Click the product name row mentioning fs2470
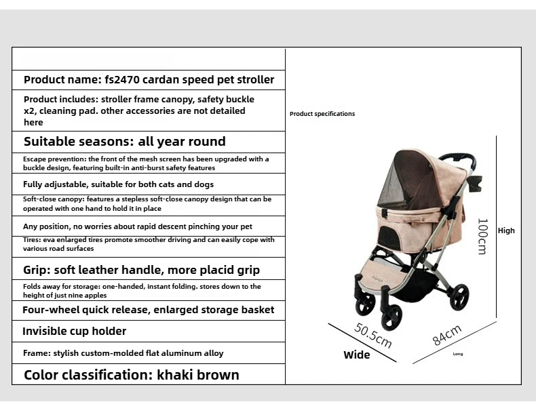pos(149,79)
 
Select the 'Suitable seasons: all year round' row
pos(124,142)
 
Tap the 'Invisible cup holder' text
pos(74,331)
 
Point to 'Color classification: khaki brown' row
pos(131,375)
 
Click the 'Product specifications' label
pos(322,114)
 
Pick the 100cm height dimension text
pos(482,236)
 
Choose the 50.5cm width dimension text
pos(373,335)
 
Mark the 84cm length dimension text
pos(447,335)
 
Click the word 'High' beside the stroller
pos(506,230)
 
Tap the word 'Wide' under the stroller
pos(357,355)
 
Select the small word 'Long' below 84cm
pos(458,354)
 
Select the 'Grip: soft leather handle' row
pos(141,270)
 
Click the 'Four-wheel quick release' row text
pos(148,310)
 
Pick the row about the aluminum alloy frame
pos(123,353)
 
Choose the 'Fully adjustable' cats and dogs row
pos(118,184)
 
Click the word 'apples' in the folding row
pos(96,296)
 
